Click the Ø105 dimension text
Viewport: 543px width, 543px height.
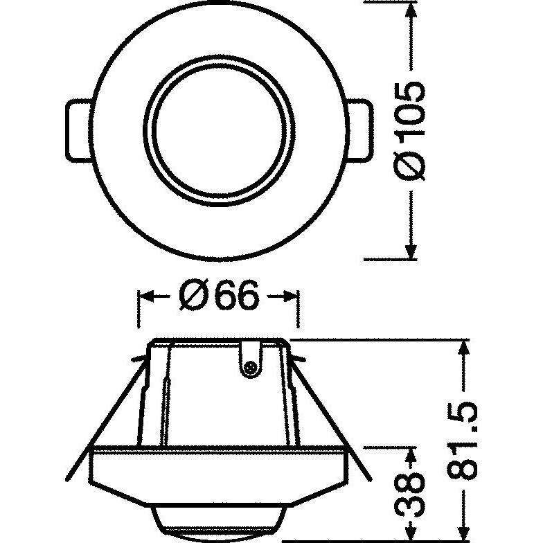point(411,131)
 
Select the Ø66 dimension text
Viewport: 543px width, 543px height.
point(219,297)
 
